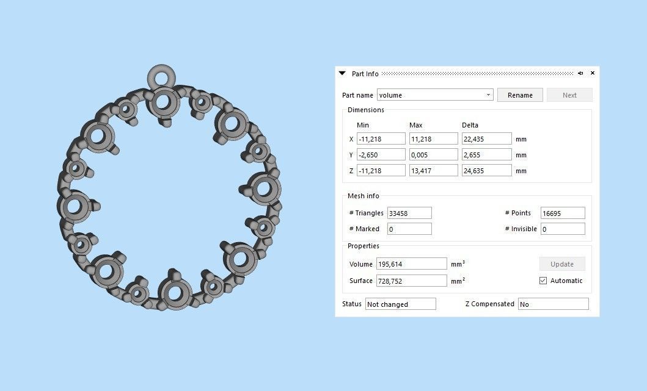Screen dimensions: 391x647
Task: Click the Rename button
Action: pos(520,95)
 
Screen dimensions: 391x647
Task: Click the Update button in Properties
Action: pos(561,264)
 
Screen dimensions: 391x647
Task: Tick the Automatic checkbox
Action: pos(543,281)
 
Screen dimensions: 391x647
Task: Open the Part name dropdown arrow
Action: pos(488,95)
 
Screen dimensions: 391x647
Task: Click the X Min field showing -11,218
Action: pos(381,139)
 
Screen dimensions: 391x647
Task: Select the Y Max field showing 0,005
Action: pos(433,155)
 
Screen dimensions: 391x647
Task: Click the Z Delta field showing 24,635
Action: pos(486,171)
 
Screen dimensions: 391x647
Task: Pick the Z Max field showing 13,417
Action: pos(433,171)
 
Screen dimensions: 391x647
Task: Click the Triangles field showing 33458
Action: pos(409,213)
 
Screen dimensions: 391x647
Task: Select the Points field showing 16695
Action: pos(563,213)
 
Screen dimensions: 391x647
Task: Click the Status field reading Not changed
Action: pos(400,304)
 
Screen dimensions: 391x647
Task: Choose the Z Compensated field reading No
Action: pos(553,304)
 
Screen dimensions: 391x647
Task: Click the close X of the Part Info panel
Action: pos(592,73)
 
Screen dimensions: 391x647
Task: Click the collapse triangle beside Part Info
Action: pos(342,73)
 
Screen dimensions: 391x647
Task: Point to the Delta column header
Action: pos(470,125)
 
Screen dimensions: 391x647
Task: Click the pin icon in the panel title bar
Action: pos(580,73)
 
